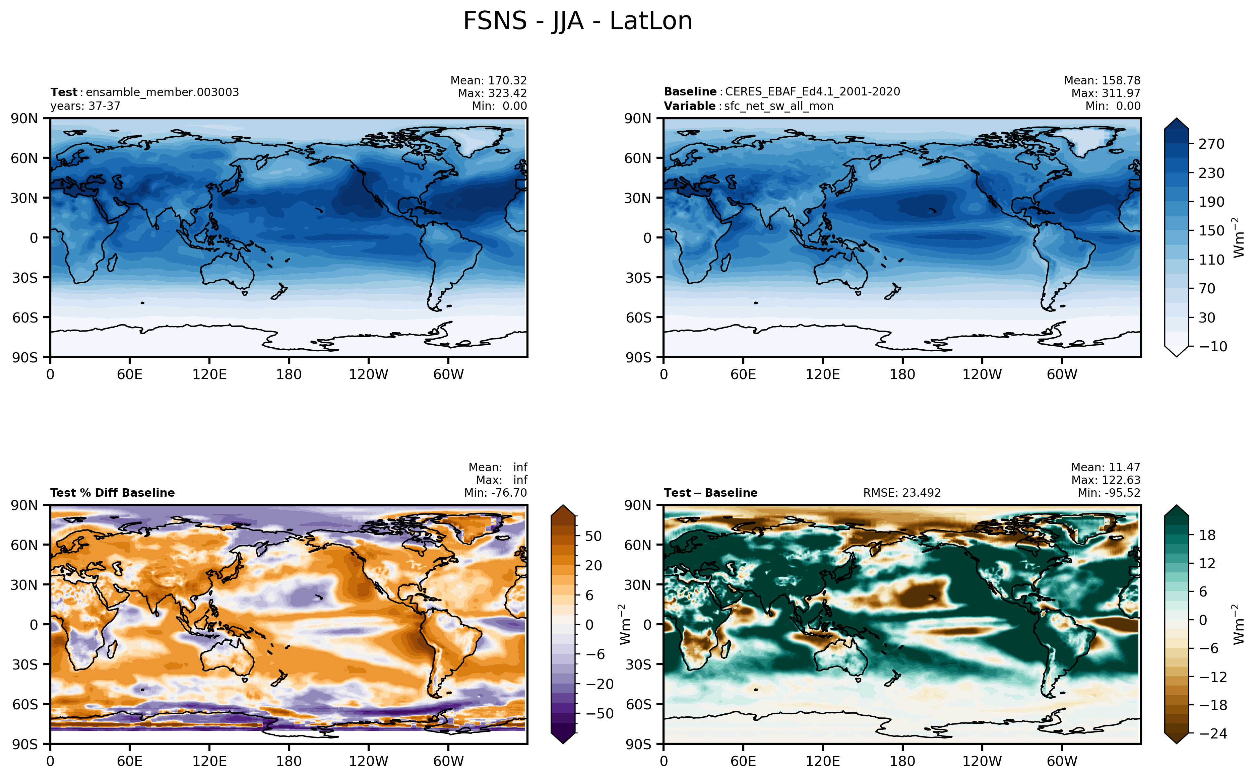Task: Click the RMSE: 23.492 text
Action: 902,493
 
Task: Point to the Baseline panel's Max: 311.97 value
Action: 1106,93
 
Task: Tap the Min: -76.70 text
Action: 495,493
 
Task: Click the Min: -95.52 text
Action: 1109,493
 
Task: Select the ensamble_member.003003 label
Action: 162,92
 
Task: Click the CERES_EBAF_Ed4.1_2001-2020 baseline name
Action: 812,92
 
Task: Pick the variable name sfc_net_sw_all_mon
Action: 779,106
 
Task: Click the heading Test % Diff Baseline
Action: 112,493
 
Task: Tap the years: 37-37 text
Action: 85,106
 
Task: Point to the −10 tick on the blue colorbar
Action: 1213,346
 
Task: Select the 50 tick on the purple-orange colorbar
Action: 593,536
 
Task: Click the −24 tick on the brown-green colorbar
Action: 1213,734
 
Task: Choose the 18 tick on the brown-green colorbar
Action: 1207,535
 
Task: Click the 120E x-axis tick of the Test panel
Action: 209,374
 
